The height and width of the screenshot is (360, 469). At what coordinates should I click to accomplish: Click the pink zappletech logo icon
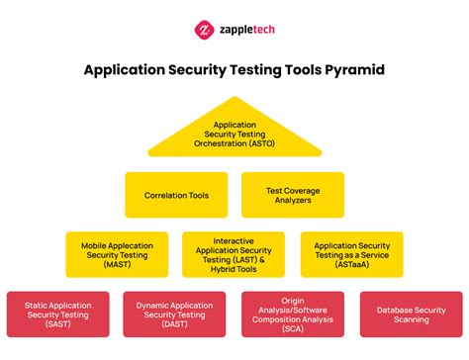(x=204, y=29)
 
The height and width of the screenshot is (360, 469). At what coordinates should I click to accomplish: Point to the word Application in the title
(x=127, y=70)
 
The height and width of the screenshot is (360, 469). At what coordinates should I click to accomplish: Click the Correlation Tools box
(x=175, y=195)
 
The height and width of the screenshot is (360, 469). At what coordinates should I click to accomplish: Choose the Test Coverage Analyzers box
(x=293, y=195)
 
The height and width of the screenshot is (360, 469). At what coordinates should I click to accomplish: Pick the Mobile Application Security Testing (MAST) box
(x=117, y=254)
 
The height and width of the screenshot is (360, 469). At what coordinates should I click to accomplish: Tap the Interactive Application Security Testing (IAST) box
(x=234, y=254)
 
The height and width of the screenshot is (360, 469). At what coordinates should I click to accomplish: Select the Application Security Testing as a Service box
(x=351, y=254)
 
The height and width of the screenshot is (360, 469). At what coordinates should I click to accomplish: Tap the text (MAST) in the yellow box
(x=117, y=263)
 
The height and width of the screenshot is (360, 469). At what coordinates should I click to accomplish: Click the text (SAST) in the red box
(x=57, y=325)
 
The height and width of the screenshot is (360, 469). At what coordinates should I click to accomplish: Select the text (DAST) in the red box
(x=175, y=325)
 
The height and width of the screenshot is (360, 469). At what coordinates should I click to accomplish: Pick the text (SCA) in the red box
(x=293, y=333)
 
